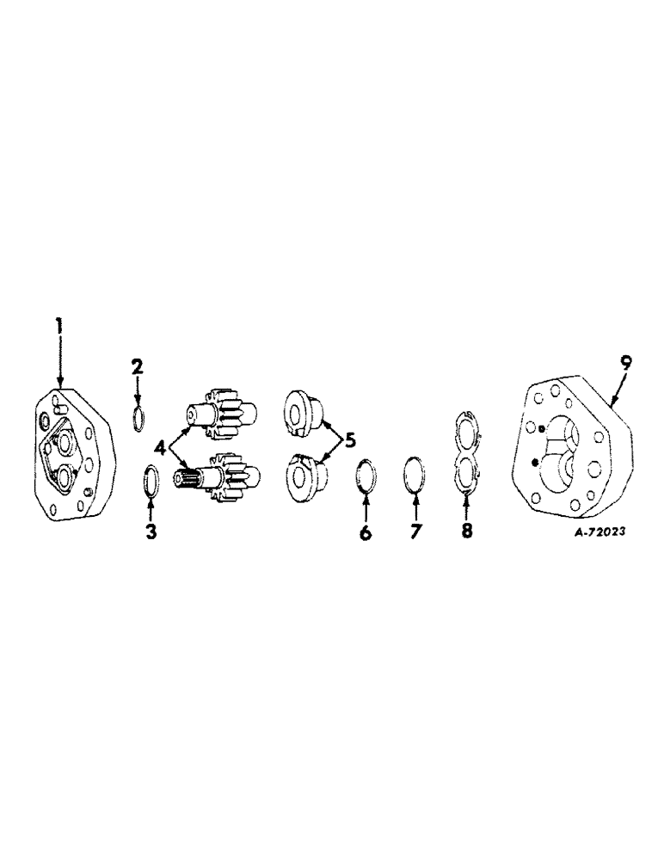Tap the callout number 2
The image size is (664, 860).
137,368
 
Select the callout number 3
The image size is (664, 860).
151,532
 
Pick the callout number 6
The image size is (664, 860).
366,533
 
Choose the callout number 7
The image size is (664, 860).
416,532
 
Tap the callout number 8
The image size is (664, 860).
467,531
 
